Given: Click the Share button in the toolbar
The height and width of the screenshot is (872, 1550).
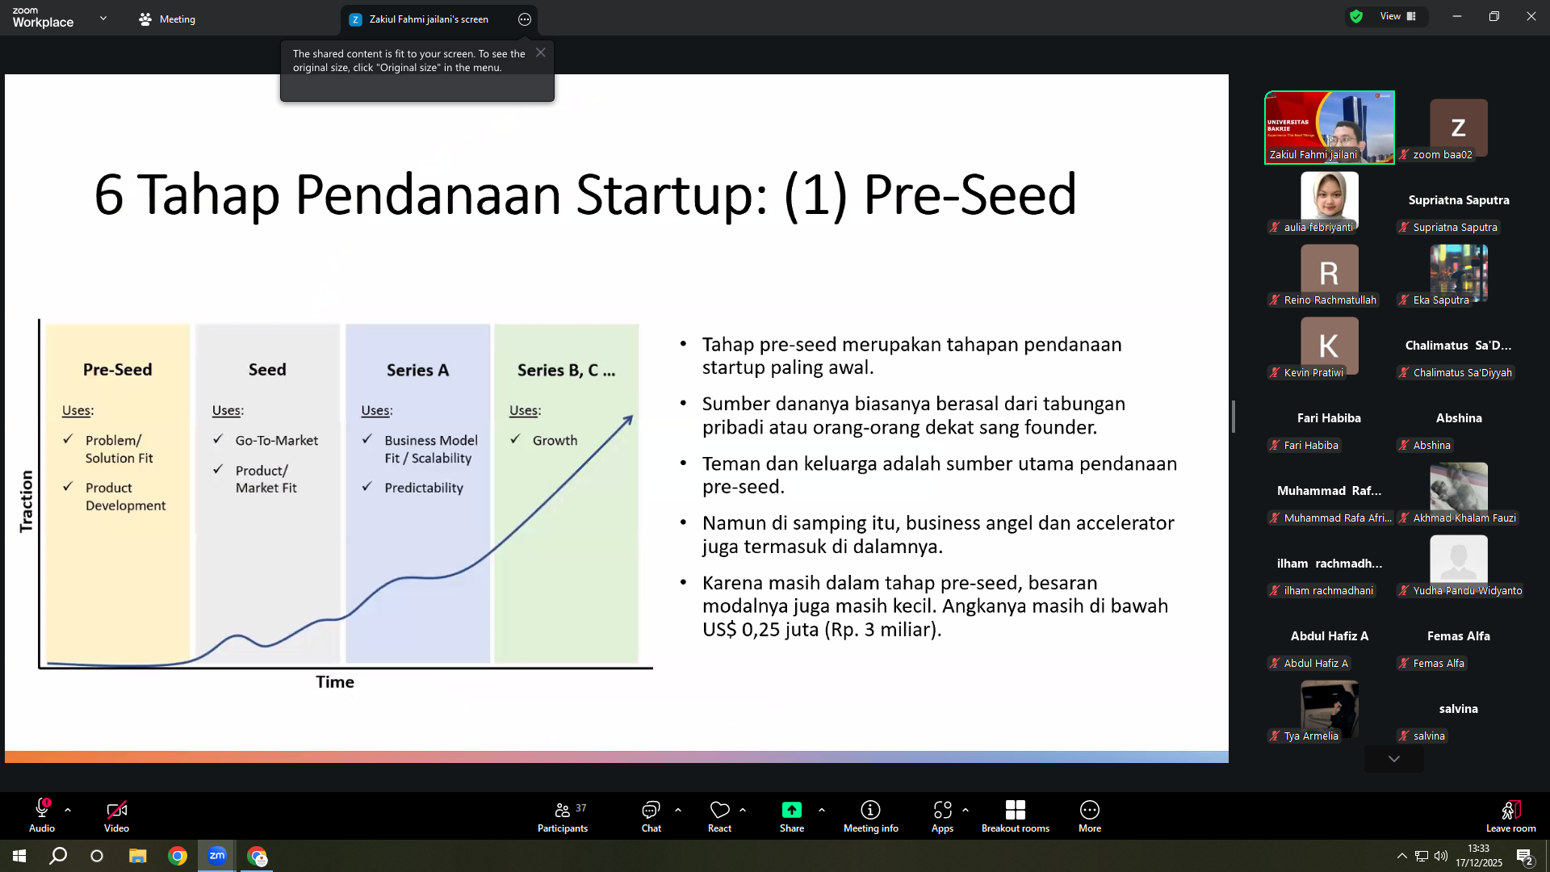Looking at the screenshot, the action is [x=791, y=816].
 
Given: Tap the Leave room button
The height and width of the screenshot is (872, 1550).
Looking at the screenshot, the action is [x=1510, y=816].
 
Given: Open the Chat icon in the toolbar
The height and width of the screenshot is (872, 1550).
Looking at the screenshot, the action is [x=651, y=816].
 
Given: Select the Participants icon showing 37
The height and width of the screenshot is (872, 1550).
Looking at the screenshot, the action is [x=563, y=816].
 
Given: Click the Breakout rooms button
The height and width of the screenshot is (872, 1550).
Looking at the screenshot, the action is [x=1015, y=816].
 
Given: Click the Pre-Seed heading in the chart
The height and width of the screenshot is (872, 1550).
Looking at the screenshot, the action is [x=117, y=370].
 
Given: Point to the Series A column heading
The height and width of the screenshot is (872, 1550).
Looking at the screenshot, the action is [x=417, y=370].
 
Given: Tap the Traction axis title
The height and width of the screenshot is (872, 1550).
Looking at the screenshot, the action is [x=27, y=501].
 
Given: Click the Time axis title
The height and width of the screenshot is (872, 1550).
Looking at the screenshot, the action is [x=335, y=682].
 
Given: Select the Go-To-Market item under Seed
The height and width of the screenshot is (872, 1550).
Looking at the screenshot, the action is [x=277, y=440].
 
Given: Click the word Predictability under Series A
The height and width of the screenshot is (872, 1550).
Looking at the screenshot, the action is [x=424, y=488].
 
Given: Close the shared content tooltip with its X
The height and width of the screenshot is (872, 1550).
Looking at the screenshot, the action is [x=541, y=52].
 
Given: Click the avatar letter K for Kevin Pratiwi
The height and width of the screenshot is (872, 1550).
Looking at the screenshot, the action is [x=1329, y=346].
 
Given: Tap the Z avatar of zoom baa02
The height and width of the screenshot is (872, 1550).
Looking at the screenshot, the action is [x=1458, y=128].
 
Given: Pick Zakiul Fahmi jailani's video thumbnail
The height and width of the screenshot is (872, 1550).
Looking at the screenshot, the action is [x=1329, y=128].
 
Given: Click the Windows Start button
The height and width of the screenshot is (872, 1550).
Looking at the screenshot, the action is [x=19, y=856].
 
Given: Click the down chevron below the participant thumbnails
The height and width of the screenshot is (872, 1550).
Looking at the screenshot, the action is [x=1393, y=759].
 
